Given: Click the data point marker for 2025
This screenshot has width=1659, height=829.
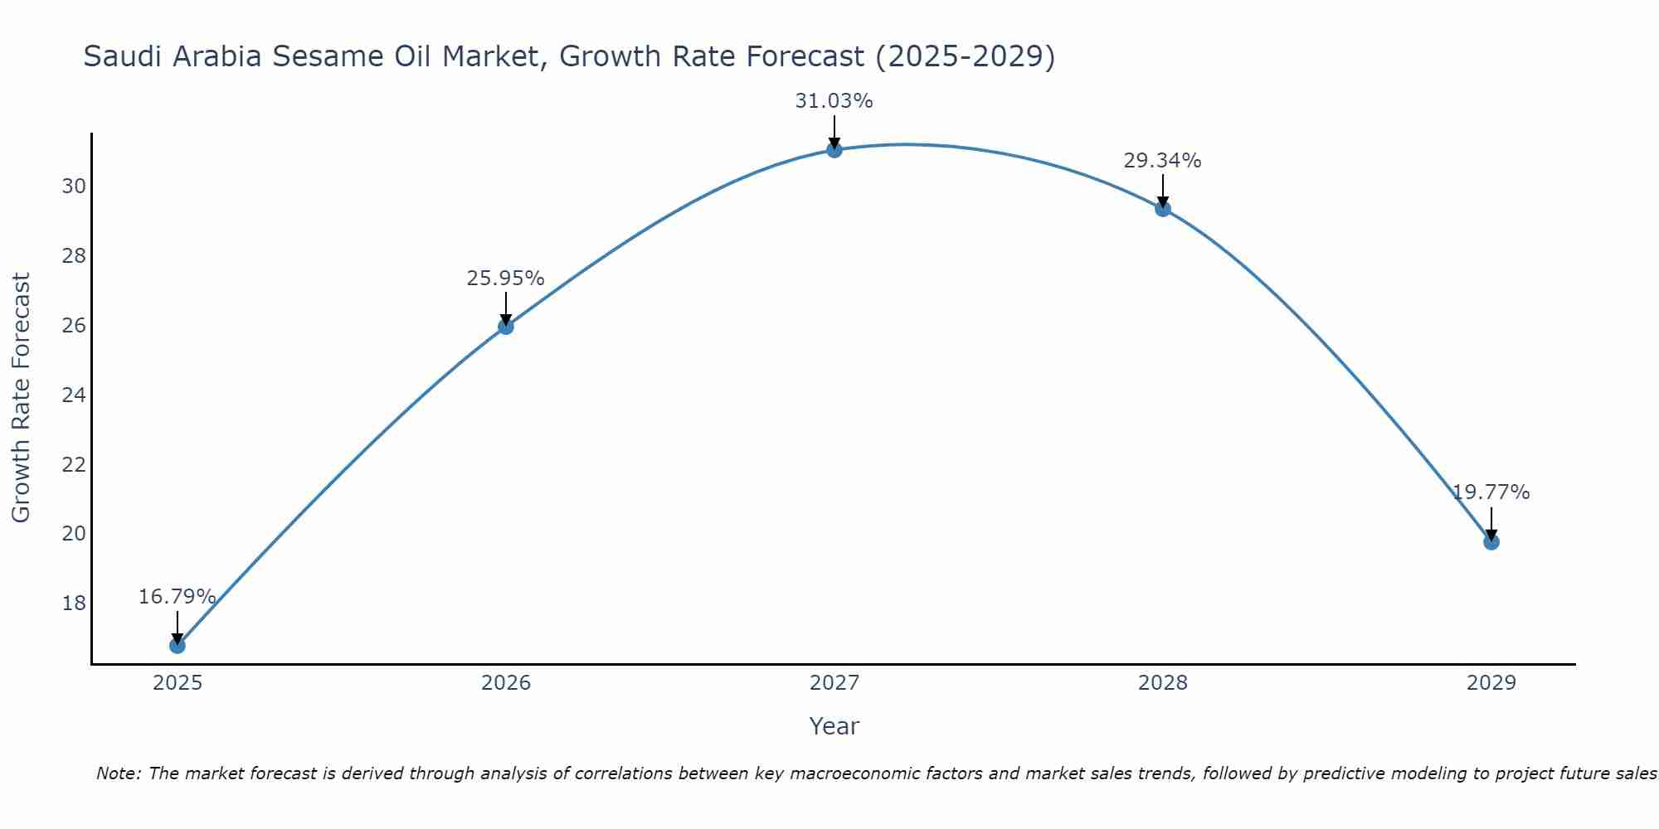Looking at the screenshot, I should click(178, 645).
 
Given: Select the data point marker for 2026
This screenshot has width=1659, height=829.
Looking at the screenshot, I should click(506, 326).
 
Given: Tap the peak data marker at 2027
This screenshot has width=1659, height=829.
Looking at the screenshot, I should click(834, 149).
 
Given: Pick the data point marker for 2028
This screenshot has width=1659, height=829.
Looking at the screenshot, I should click(1163, 208).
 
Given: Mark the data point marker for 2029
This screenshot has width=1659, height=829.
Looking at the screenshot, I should click(1491, 541).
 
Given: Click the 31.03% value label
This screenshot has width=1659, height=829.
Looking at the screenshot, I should click(834, 101).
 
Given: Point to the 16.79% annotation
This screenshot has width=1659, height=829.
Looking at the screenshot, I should click(177, 597).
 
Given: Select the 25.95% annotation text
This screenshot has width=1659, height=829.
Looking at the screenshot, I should click(505, 279).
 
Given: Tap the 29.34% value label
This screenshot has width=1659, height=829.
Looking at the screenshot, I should click(1162, 161).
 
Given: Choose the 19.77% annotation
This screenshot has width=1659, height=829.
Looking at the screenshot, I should click(1491, 492).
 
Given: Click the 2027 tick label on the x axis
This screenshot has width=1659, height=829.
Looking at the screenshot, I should click(834, 683).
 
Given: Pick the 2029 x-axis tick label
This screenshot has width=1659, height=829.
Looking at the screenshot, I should click(1491, 683).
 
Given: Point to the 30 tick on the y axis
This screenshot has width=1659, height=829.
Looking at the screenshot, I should click(74, 186).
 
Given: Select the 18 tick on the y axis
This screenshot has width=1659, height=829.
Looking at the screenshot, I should click(74, 603).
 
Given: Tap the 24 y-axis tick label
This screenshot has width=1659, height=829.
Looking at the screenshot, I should click(74, 395).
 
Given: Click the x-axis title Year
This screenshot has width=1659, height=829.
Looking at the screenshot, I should click(834, 726).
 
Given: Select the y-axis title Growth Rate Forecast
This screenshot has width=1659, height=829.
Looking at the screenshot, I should click(22, 398).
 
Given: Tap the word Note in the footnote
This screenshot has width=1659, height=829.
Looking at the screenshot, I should click(119, 773).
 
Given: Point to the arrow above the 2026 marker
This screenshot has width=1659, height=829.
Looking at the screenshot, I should click(506, 307).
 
